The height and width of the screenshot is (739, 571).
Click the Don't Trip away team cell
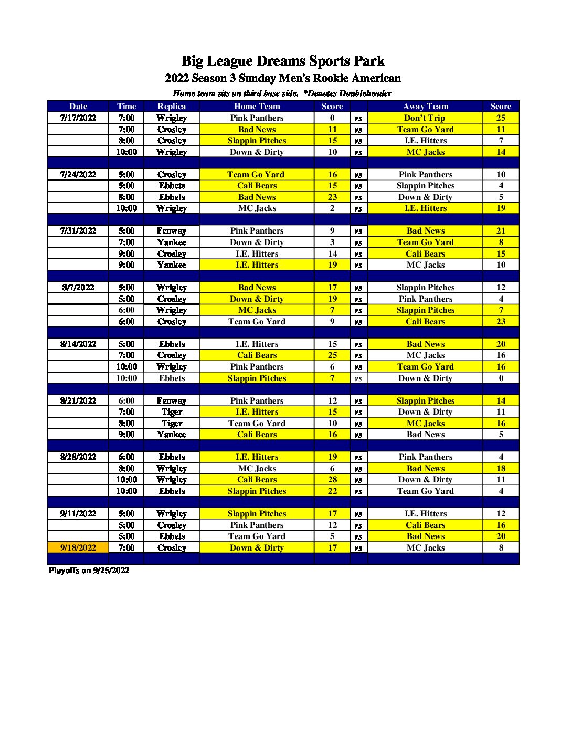(425, 118)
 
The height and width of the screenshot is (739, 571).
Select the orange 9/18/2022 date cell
(78, 548)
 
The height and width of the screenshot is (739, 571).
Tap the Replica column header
(172, 107)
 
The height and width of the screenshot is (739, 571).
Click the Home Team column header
(257, 107)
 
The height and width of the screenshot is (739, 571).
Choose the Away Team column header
(425, 107)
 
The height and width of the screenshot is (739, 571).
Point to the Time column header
(126, 107)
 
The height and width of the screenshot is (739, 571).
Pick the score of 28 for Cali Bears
(332, 480)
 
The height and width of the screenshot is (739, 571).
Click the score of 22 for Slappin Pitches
(332, 491)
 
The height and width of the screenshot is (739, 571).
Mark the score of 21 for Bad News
(501, 231)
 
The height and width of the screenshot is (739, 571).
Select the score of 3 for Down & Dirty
(332, 242)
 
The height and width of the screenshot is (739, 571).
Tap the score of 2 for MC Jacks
(332, 208)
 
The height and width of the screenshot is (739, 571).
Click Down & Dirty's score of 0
(501, 378)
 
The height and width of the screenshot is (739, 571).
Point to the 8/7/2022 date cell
(78, 288)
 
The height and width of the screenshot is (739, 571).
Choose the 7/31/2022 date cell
(78, 231)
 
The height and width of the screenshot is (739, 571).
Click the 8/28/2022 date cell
(78, 457)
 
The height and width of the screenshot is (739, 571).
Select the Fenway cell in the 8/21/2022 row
(172, 401)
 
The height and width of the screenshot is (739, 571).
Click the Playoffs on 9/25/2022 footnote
(89, 571)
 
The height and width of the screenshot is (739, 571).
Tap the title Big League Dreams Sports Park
(283, 61)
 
